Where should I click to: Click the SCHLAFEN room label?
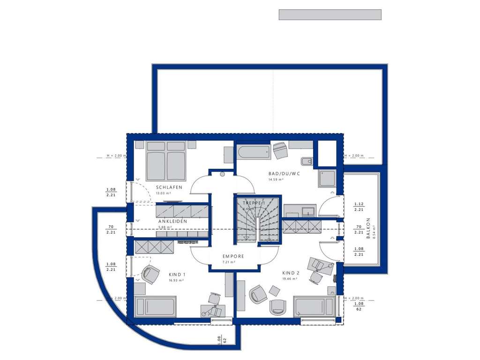click(170, 187)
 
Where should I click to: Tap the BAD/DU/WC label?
click(284, 173)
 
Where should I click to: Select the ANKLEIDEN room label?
click(172, 221)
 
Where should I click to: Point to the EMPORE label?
click(233, 256)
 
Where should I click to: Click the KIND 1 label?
click(177, 274)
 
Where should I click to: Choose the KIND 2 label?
click(291, 273)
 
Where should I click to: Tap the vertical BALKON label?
click(368, 228)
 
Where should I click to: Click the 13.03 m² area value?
click(163, 193)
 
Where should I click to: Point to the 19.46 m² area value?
click(291, 278)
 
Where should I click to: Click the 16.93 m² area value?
click(176, 280)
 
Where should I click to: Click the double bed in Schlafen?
click(166, 160)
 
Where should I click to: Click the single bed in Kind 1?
click(155, 307)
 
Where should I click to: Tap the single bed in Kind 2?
click(314, 307)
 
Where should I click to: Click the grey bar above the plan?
click(330, 15)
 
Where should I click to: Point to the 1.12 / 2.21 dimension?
click(360, 207)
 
